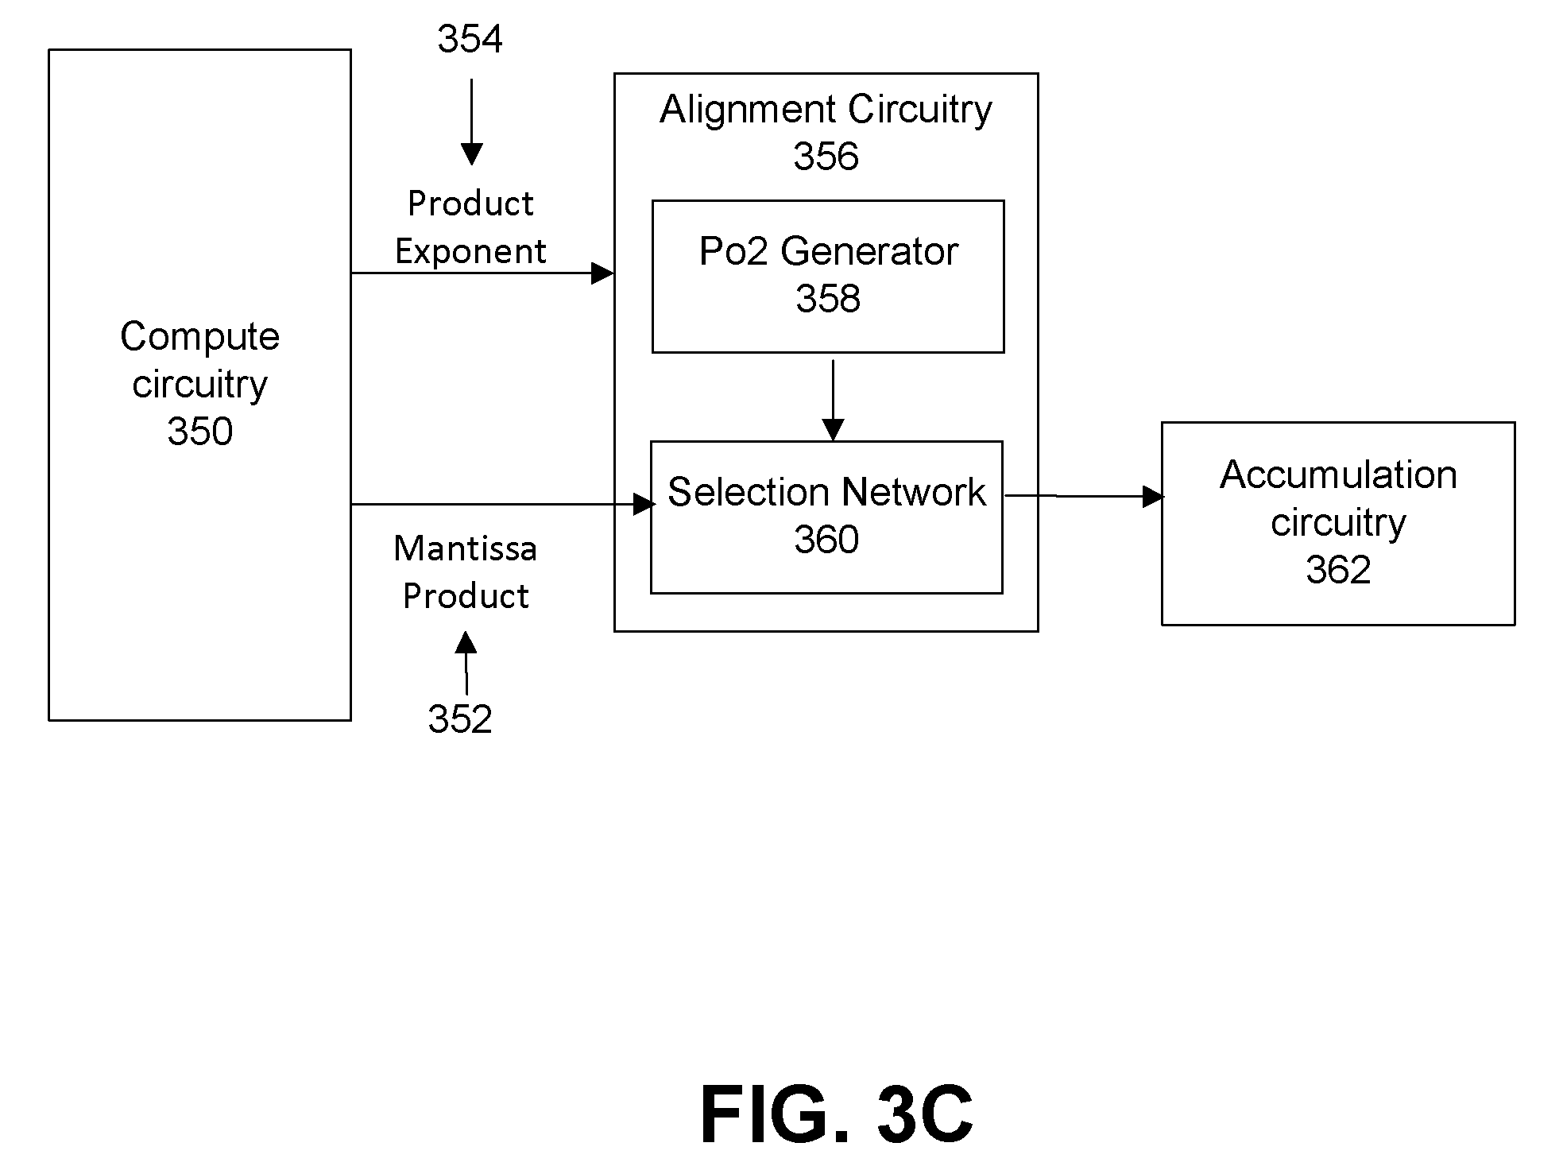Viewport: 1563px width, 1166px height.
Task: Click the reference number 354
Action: pos(470,39)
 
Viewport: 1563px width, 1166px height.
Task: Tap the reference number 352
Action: pos(460,719)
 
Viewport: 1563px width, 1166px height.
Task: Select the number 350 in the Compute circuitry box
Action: pos(199,432)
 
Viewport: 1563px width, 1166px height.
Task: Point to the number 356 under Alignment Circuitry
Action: pos(826,157)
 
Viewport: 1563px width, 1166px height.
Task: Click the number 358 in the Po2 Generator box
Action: pos(828,299)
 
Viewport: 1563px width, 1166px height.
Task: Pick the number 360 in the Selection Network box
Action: pos(826,540)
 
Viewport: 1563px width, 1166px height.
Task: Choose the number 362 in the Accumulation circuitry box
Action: pos(1338,570)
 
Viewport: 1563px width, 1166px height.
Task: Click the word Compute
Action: pos(199,337)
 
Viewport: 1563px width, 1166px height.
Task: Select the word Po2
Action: pos(735,252)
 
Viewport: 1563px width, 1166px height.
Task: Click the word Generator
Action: pos(869,252)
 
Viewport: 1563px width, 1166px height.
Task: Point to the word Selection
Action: pos(749,492)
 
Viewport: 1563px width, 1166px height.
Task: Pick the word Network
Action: pos(914,492)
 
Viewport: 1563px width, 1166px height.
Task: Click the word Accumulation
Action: pos(1338,475)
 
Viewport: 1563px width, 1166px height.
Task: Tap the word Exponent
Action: pos(470,252)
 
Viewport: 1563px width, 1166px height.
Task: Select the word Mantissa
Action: pos(465,548)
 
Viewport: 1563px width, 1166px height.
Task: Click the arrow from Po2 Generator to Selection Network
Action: pos(833,401)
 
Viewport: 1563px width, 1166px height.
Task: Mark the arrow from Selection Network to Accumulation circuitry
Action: pos(1085,496)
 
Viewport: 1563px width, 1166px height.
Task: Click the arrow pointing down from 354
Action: pos(471,122)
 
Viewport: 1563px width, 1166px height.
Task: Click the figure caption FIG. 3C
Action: pos(837,1114)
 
